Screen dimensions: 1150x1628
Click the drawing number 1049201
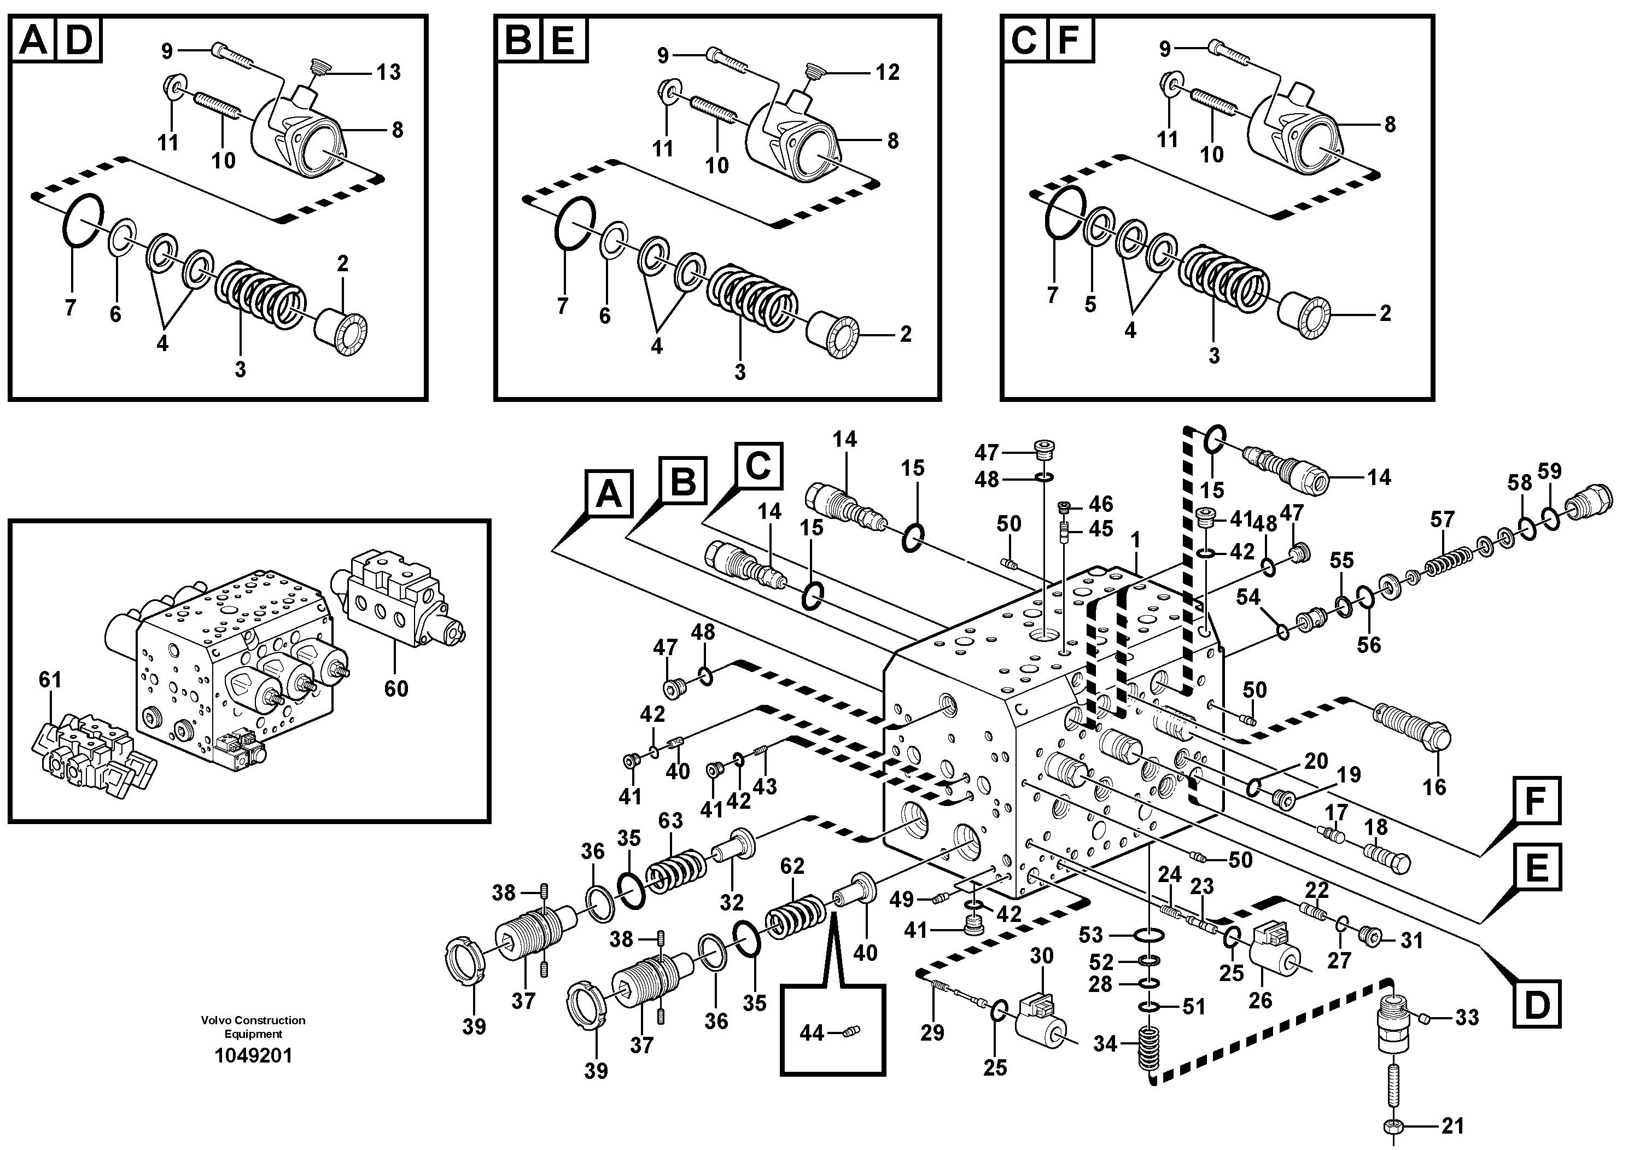pos(253,1056)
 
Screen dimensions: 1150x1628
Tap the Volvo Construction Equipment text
pos(253,1026)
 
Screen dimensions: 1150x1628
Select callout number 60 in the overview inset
pos(396,688)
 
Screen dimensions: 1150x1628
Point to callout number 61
pos(50,680)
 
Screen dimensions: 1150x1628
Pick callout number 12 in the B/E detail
pos(887,72)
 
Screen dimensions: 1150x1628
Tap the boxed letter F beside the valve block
pos(1535,801)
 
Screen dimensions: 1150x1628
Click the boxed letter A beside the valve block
pos(608,495)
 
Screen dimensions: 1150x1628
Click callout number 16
pos(1434,787)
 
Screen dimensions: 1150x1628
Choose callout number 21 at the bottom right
pos(1452,1126)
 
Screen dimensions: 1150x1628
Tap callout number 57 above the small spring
pos(1442,519)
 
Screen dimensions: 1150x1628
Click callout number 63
pos(670,821)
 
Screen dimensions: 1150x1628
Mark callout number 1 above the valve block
pos(1135,540)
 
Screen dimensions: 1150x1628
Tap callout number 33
pos(1467,1018)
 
